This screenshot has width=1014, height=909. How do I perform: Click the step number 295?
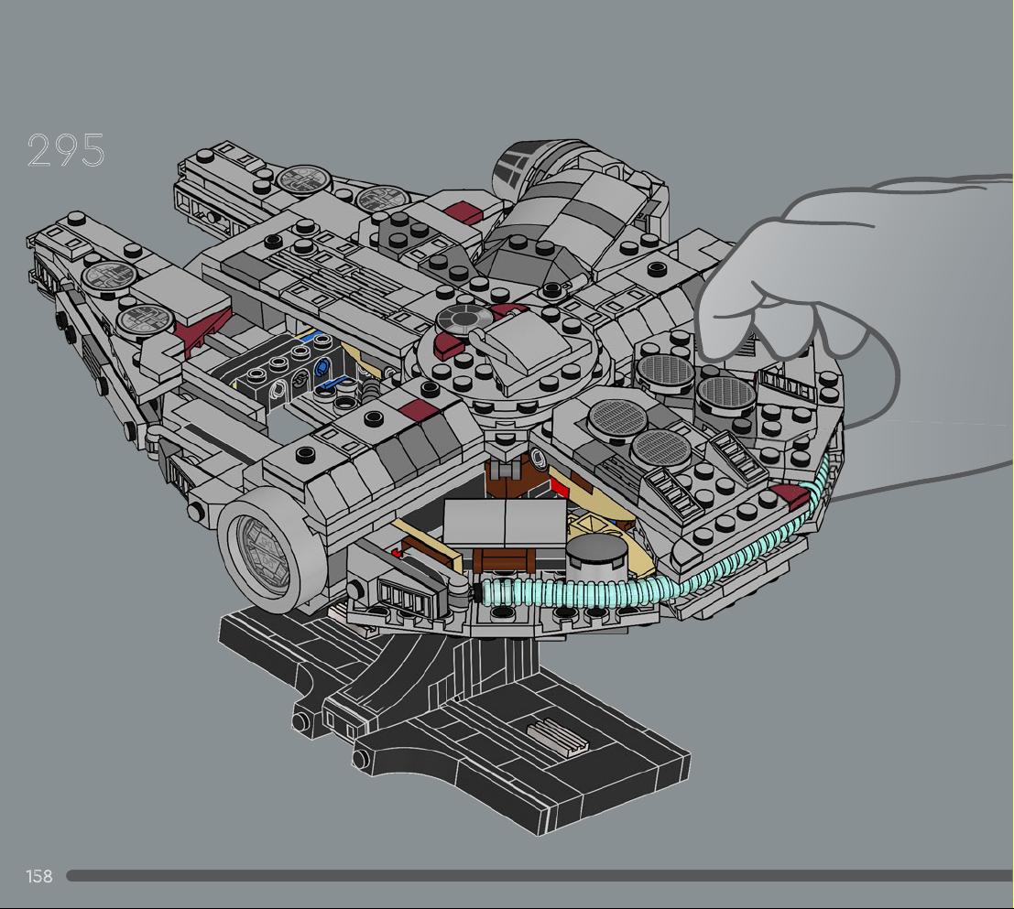pyautogui.click(x=65, y=150)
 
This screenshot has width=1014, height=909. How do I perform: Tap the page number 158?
pyautogui.click(x=38, y=876)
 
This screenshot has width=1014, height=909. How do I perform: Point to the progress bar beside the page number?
pyautogui.click(x=540, y=876)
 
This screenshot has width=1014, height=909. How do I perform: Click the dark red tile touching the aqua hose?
pyautogui.click(x=790, y=496)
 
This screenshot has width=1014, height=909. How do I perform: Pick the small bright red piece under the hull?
pyautogui.click(x=397, y=553)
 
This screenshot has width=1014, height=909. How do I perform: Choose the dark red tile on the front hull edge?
pyautogui.click(x=418, y=408)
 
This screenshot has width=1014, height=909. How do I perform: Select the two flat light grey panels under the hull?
pyautogui.click(x=504, y=522)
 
